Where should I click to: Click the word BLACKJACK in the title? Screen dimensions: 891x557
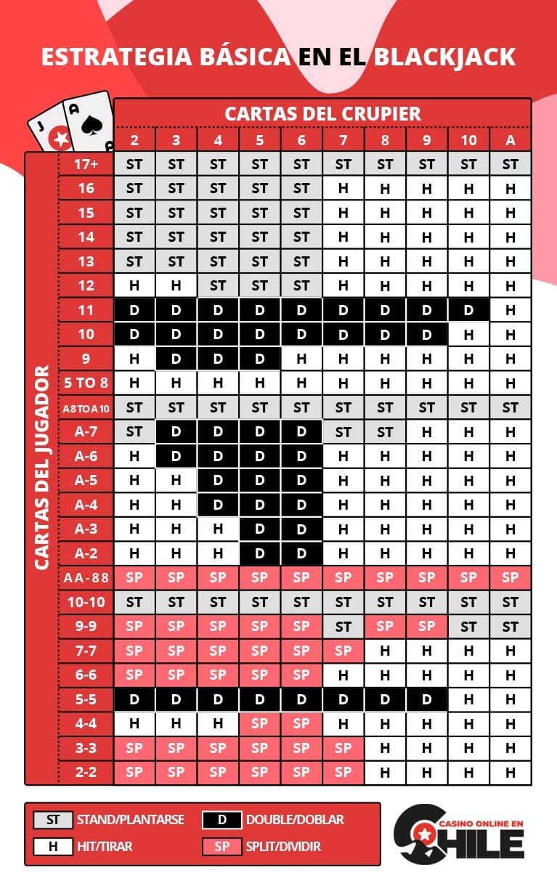[x=445, y=57]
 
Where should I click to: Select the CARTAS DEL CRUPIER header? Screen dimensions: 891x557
[x=322, y=113]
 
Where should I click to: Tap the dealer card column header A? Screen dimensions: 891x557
[x=510, y=140]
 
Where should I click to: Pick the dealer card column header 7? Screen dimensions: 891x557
[x=343, y=140]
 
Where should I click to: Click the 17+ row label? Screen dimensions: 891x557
[x=86, y=164]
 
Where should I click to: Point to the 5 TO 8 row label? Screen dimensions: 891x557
[x=86, y=383]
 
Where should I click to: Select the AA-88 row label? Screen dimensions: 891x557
[x=86, y=577]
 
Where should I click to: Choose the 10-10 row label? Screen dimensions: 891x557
[x=86, y=602]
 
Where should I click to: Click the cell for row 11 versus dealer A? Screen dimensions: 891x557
[x=510, y=310]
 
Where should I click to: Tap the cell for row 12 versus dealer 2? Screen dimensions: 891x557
[x=134, y=285]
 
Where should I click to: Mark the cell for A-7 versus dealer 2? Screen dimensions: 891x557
[x=134, y=431]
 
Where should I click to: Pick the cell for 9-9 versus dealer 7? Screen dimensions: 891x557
[x=343, y=626]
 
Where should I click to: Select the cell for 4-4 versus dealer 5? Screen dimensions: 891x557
[x=259, y=723]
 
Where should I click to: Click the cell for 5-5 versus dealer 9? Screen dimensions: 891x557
[x=426, y=699]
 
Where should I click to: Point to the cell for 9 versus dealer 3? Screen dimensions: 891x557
[x=176, y=359]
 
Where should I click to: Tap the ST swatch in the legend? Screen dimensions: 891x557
[x=52, y=820]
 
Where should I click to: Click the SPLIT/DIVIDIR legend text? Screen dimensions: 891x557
[x=283, y=846]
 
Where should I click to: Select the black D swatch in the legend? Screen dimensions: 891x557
[x=222, y=820]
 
